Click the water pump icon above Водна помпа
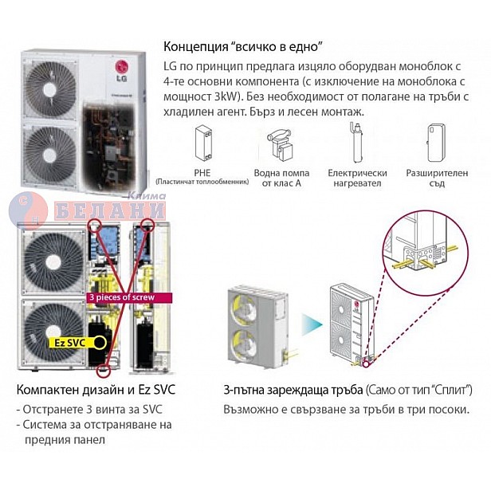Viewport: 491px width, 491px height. click(x=279, y=143)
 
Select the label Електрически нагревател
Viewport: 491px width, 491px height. click(x=357, y=178)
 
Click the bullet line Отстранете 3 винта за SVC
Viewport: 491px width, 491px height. click(x=86, y=410)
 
